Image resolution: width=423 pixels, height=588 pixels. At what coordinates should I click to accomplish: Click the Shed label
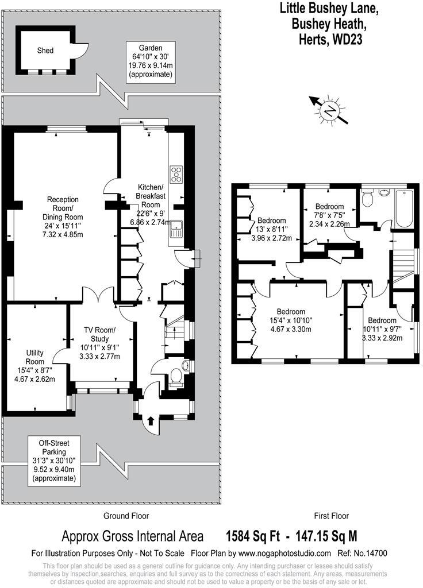[x=45, y=51]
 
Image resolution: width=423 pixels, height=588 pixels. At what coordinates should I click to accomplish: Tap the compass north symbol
[x=329, y=110]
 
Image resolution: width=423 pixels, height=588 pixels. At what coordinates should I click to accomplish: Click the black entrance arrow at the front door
[x=151, y=421]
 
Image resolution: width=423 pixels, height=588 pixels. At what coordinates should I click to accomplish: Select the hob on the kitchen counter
[x=176, y=174]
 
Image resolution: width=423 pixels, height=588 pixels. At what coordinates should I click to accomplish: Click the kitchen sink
[x=175, y=229]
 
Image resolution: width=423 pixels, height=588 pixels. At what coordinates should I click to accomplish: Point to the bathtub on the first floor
[x=404, y=210]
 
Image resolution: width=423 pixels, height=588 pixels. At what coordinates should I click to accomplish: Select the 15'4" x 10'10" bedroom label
[x=290, y=321]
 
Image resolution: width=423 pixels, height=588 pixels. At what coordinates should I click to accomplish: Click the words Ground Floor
[x=125, y=516]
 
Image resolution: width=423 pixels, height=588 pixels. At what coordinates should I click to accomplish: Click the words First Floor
[x=331, y=516]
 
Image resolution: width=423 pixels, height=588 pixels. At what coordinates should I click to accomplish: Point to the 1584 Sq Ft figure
[x=253, y=536]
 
